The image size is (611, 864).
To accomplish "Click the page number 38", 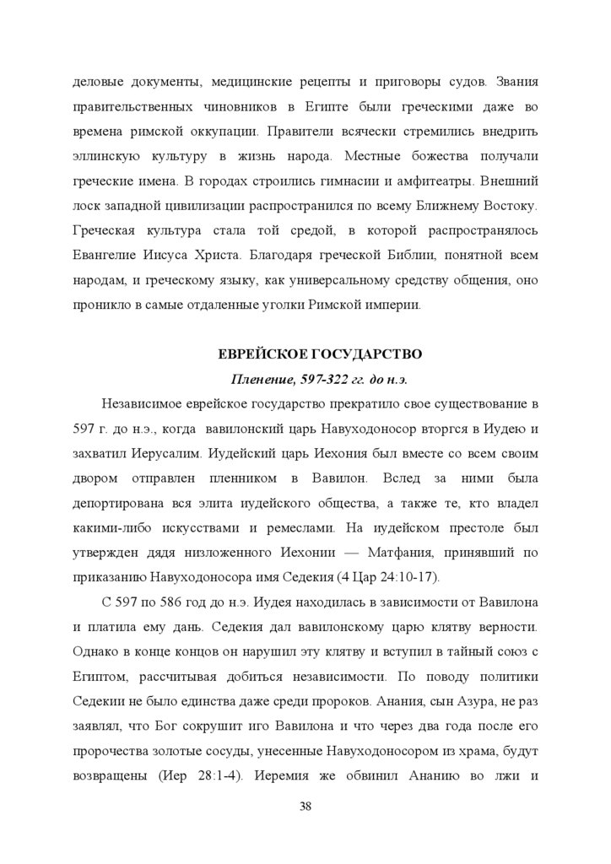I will (x=305, y=805).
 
